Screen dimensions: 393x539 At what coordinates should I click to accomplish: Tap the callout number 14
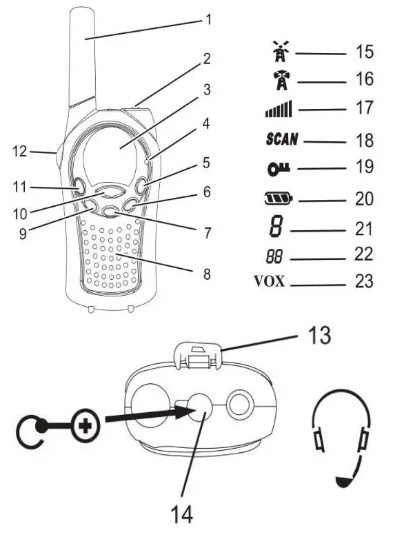coord(181,515)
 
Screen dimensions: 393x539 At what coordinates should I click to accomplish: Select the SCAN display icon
coord(282,139)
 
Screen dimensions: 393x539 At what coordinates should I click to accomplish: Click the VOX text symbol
coord(270,281)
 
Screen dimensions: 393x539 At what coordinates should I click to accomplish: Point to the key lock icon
coord(279,168)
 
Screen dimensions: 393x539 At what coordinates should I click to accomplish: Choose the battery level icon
coord(279,199)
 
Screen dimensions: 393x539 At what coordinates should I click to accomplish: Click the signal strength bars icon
coord(279,109)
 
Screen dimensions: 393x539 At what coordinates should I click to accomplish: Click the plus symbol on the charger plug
coord(85,427)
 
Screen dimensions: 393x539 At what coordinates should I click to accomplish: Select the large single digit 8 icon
coord(276,227)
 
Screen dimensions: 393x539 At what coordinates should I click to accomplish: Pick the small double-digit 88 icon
coord(274,257)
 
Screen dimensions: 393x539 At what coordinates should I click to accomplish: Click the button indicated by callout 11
coord(79,187)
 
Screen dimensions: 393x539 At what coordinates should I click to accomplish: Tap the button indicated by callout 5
coord(141,186)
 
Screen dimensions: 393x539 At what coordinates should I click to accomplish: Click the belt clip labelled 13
coord(198,356)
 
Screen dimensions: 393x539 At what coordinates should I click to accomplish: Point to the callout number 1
coord(208,19)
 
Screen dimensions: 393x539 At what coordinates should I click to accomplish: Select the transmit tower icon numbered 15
coord(281,51)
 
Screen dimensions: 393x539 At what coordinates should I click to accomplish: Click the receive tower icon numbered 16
coord(281,80)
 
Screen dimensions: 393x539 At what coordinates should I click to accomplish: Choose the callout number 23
coord(364,281)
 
